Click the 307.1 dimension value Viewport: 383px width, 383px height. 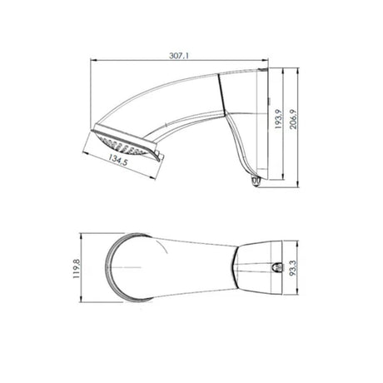[179, 56]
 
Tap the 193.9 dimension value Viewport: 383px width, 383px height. [278, 119]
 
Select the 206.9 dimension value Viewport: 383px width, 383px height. [293, 119]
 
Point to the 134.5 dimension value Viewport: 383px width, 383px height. [118, 160]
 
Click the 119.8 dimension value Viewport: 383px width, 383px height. [76, 268]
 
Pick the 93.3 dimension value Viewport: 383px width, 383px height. [293, 268]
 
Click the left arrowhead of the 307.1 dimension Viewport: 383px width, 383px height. [93, 60]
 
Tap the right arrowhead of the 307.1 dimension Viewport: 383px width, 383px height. [265, 60]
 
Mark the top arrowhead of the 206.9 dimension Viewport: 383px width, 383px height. [298, 72]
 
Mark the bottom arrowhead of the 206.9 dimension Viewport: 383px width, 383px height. [298, 184]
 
